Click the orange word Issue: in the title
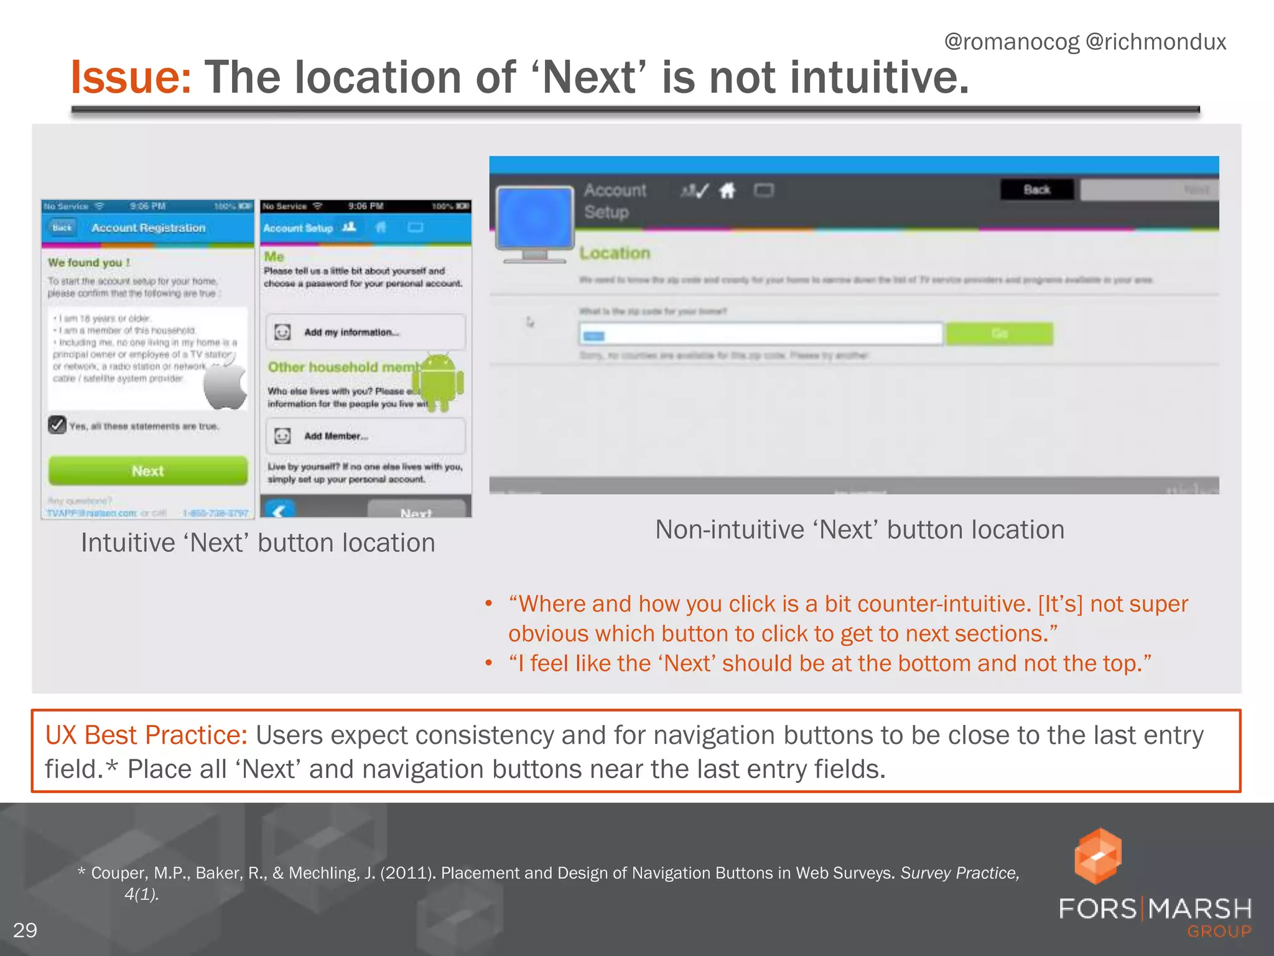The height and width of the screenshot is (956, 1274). click(131, 78)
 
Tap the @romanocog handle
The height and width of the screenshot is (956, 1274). click(1011, 42)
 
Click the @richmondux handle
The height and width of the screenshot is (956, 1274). click(1156, 42)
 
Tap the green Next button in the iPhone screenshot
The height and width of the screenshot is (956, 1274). click(148, 471)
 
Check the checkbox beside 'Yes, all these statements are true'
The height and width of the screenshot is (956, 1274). click(57, 425)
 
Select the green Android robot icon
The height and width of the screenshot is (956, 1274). click(441, 382)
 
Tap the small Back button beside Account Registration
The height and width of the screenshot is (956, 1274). click(62, 228)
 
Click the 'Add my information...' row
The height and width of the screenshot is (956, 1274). click(365, 332)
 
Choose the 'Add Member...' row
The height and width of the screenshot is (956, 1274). click(365, 436)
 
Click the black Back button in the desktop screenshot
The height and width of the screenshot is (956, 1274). click(1037, 190)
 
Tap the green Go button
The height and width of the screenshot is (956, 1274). click(1000, 334)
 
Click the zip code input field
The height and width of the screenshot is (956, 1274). click(760, 334)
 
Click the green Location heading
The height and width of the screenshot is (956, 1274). click(615, 253)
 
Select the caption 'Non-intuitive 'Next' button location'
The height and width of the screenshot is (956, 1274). click(860, 530)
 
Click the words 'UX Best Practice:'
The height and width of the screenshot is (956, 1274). click(146, 735)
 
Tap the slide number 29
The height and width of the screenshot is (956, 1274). click(25, 930)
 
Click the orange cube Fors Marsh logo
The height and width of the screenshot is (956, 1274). click(1098, 856)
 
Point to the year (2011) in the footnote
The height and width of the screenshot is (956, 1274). click(407, 873)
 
